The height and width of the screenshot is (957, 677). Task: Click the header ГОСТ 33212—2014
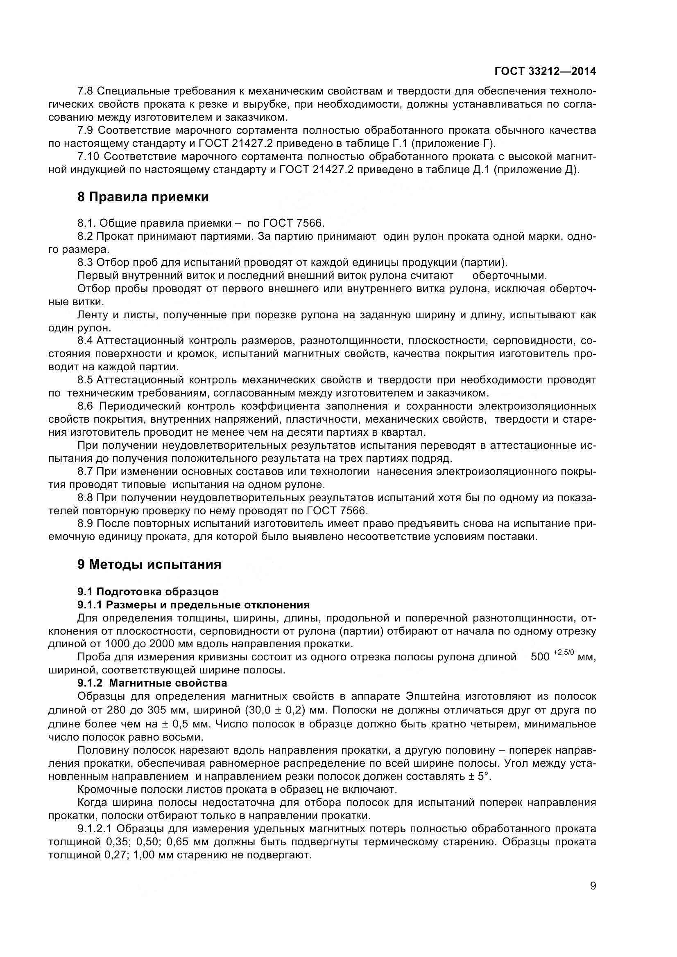click(545, 71)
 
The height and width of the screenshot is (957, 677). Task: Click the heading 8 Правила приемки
click(143, 197)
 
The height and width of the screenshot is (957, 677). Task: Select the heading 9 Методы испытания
click(149, 564)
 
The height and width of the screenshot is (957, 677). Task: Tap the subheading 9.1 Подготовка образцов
click(148, 592)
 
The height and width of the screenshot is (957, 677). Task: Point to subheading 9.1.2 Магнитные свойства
click(152, 683)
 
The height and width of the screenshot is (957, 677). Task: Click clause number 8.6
click(86, 406)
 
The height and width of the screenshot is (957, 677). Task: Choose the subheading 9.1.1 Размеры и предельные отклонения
click(194, 604)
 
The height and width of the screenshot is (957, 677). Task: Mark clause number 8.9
click(86, 524)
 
